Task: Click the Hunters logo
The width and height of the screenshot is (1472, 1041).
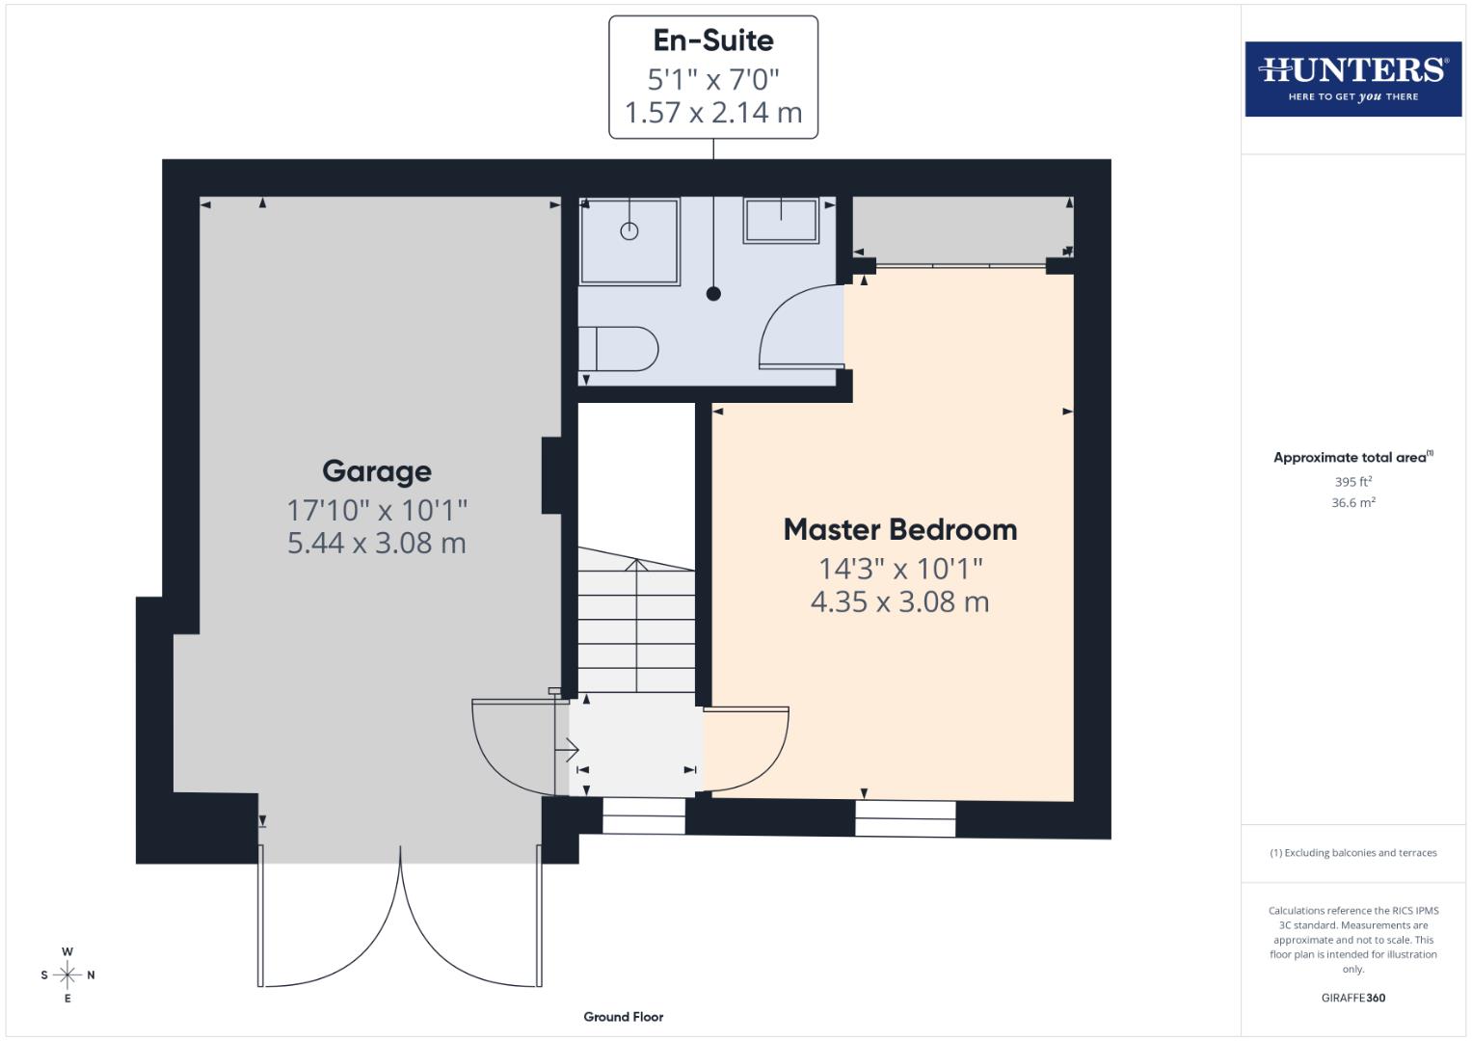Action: [x=1352, y=78]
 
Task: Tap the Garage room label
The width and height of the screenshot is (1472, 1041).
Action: [x=376, y=471]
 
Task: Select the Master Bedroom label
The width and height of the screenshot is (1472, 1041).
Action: [x=899, y=529]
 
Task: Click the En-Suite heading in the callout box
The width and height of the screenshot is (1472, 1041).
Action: [x=712, y=40]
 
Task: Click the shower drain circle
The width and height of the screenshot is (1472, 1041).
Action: [x=629, y=231]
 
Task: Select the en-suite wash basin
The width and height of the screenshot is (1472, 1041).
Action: [x=780, y=221]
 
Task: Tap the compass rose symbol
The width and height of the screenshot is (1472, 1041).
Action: [x=67, y=974]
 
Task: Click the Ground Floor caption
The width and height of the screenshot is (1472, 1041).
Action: [x=623, y=1016]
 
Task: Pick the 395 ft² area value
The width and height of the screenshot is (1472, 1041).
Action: [x=1352, y=481]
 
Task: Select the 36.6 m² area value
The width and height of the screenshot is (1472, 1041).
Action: [x=1352, y=502]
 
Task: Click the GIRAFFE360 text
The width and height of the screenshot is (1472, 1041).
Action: [x=1352, y=998]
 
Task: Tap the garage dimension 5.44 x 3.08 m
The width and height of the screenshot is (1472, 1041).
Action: [x=376, y=543]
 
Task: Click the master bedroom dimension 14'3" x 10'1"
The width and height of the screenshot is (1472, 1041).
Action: [x=899, y=568]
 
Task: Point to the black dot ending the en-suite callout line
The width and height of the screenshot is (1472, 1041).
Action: [x=713, y=294]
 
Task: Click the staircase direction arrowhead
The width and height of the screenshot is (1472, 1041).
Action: [x=636, y=565]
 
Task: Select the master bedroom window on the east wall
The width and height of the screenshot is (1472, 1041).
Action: [x=905, y=818]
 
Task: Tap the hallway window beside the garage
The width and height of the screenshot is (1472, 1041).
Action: [x=643, y=815]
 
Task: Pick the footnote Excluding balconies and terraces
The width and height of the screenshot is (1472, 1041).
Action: [x=1352, y=853]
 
